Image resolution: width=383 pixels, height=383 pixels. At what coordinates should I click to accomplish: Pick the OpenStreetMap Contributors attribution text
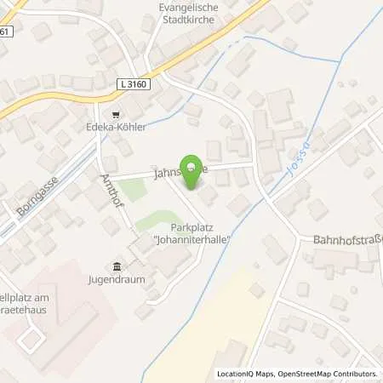(x=329, y=374)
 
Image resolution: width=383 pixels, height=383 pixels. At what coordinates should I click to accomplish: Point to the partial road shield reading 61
(x=5, y=31)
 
